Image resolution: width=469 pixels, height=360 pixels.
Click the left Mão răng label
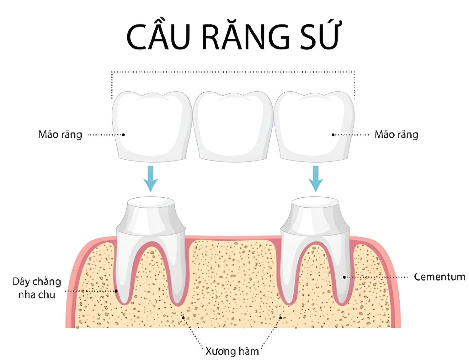60,135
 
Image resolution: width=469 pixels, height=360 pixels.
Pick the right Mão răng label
396,135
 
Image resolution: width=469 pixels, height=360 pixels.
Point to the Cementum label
440,277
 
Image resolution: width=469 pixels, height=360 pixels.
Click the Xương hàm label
232,351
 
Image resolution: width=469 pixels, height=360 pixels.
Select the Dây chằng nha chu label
37,288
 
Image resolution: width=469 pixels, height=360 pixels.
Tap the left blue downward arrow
151,179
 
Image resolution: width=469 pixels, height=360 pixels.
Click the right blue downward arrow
316,179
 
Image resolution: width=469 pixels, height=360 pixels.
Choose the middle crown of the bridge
233,127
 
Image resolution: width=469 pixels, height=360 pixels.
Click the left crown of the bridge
152,127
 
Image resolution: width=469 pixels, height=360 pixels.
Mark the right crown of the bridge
314,127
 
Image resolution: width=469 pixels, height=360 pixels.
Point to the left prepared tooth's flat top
151,202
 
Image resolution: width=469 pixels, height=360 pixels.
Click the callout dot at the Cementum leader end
344,277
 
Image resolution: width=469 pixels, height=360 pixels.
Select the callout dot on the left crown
123,135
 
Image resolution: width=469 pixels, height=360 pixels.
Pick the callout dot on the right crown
333,135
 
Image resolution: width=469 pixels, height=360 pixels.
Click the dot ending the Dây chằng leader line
116,291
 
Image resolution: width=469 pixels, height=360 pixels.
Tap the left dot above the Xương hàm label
183,317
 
